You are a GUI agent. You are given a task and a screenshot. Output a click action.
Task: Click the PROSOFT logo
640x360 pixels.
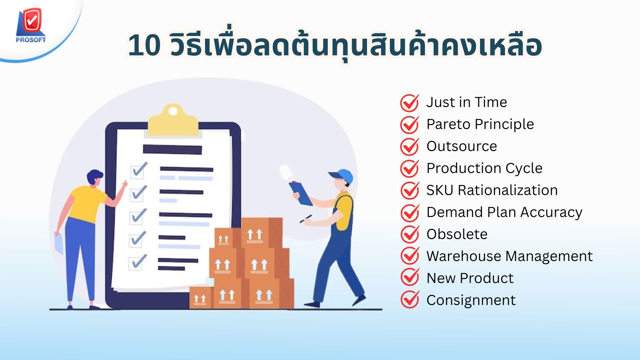[x=31, y=25]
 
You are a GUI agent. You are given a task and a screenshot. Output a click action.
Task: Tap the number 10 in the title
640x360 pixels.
[x=144, y=45]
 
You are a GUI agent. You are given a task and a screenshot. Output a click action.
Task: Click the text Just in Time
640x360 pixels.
[x=467, y=102]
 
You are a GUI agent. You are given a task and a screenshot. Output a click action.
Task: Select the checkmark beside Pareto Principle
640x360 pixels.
[x=410, y=124]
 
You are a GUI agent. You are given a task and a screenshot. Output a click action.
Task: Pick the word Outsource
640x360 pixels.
[x=462, y=146]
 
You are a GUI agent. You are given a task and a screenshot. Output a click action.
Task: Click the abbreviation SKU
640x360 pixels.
[x=440, y=190]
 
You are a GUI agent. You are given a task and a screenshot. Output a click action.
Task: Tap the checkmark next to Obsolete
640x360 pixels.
[x=410, y=234]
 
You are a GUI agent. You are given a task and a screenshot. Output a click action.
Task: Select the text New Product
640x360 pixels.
[x=470, y=278]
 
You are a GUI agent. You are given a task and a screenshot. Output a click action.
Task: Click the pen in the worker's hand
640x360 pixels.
[x=306, y=219]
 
